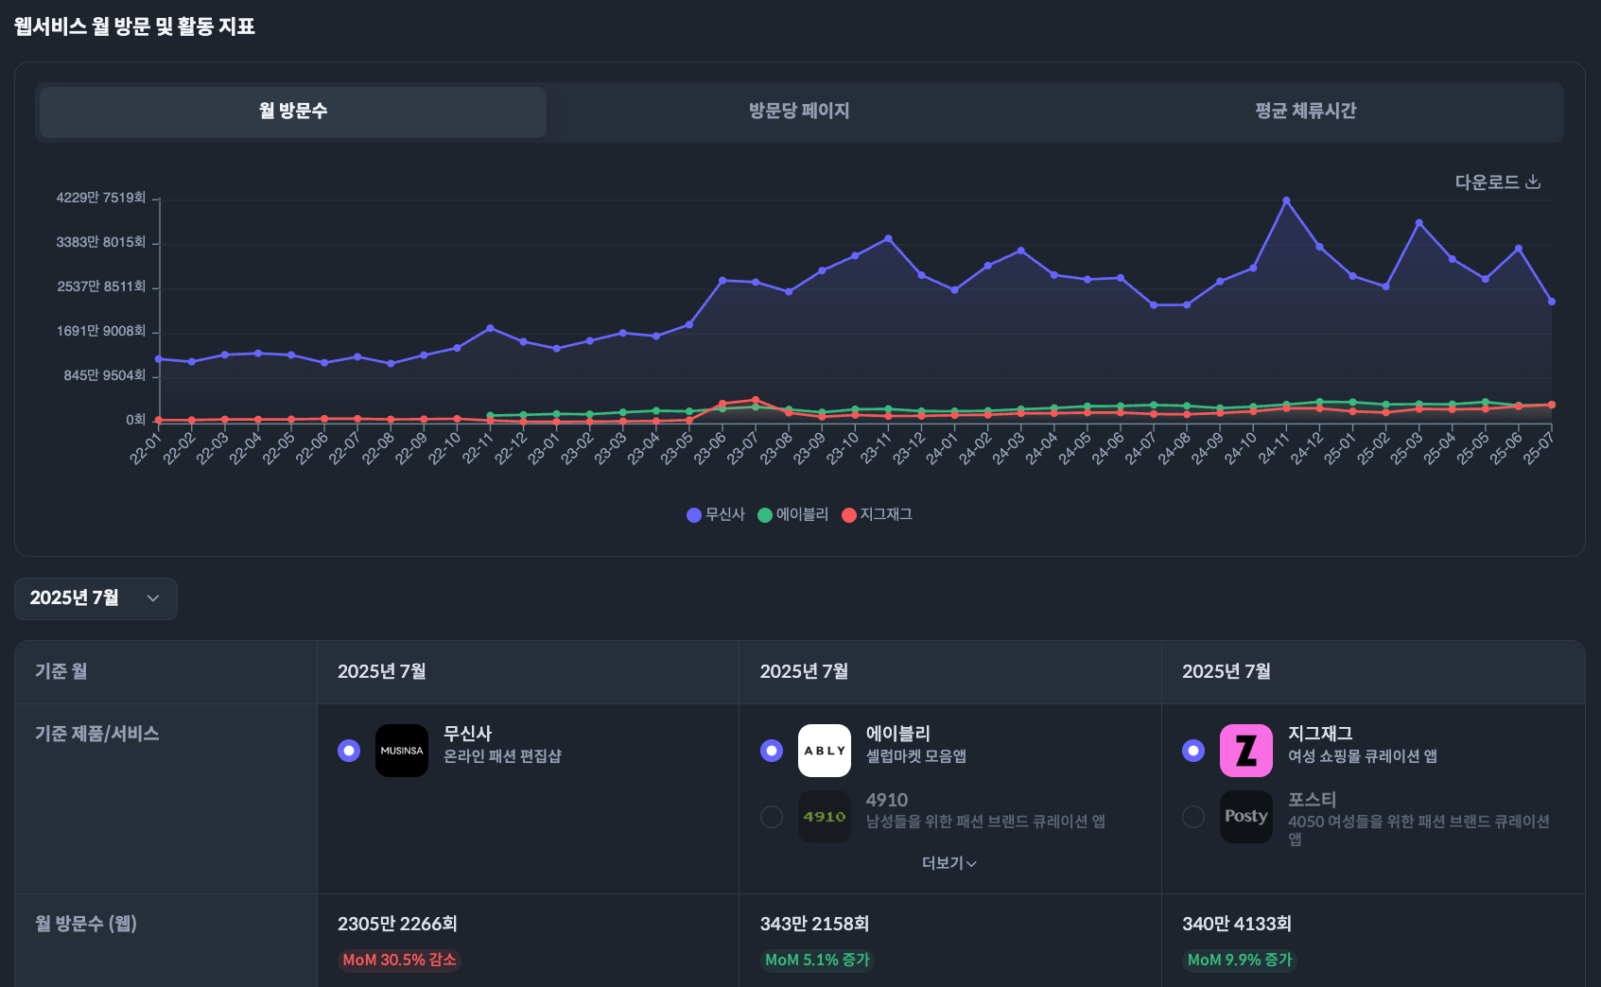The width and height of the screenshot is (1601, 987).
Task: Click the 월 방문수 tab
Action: click(293, 112)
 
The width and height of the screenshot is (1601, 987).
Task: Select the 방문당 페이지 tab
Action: click(799, 112)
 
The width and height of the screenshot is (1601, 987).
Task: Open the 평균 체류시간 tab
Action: click(1305, 112)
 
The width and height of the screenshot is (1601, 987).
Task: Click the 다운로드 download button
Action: click(1497, 182)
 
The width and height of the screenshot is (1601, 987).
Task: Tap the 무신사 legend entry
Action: click(716, 514)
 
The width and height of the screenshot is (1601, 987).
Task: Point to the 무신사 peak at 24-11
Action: click(1286, 200)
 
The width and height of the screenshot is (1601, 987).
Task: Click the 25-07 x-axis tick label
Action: click(1539, 448)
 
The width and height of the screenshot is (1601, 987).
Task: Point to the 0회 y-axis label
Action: click(136, 420)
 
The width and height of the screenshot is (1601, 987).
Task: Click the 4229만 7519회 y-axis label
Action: click(101, 198)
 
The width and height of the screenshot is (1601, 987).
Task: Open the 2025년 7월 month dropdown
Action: click(96, 598)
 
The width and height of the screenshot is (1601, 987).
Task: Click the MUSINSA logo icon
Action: click(402, 751)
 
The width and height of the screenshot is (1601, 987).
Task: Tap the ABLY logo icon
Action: click(825, 751)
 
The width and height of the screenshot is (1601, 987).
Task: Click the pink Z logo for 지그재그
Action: click(1246, 751)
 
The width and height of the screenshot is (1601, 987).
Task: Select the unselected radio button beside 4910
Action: click(772, 817)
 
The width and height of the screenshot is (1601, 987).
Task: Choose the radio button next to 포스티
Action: click(1193, 817)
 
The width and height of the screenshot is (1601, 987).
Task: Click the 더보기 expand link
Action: click(948, 863)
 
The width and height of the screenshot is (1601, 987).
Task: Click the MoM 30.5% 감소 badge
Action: click(399, 961)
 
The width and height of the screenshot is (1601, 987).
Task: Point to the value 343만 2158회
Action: click(814, 924)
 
